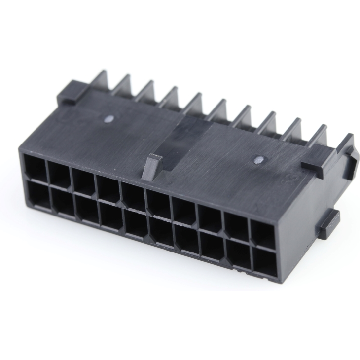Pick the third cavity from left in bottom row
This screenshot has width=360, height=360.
click(88, 210)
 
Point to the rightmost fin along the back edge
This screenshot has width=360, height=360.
click(318, 136)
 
